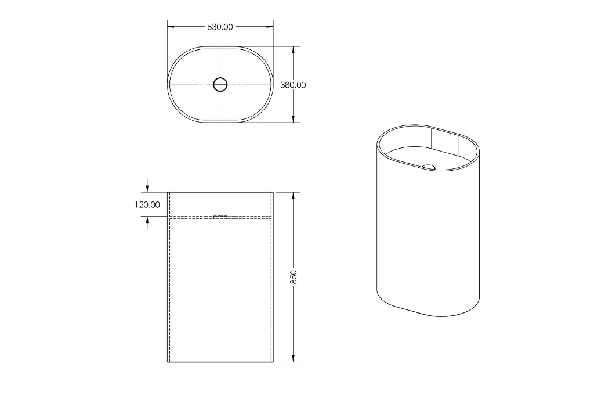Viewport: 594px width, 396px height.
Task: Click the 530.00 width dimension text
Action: pos(220,27)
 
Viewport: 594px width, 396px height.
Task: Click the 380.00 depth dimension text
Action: pos(294,85)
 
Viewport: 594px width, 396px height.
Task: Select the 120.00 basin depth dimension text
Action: pos(147,204)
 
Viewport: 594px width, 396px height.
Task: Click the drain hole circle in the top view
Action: pos(220,85)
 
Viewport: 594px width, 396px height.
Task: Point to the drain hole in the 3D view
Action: pos(428,167)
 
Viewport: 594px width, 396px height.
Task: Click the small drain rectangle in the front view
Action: pos(220,217)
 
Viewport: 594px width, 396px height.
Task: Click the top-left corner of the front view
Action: pos(168,192)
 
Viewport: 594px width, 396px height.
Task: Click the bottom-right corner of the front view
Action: pos(273,362)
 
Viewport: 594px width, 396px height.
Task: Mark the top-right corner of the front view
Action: pos(273,192)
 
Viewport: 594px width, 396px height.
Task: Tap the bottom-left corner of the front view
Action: pos(168,362)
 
